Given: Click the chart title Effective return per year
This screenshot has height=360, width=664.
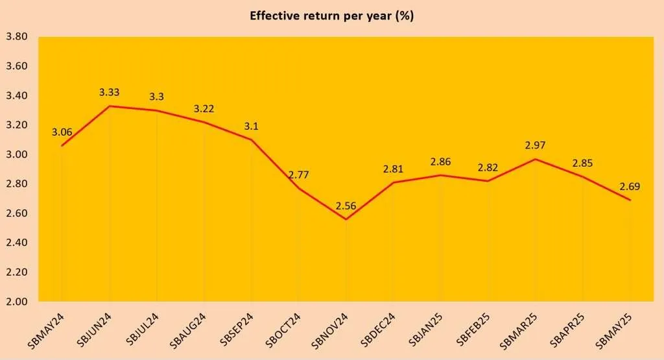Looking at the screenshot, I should tap(331, 16).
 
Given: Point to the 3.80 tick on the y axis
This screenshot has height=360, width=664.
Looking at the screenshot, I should tap(16, 37).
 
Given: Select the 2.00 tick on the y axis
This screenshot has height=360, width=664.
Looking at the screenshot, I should tap(16, 302).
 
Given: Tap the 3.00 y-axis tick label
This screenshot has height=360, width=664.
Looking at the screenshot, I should tap(16, 154).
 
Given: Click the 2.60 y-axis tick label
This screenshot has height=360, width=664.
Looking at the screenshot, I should tap(16, 213).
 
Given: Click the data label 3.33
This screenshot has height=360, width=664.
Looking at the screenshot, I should tap(110, 93).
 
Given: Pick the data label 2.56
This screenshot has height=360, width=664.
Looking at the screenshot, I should tap(346, 207).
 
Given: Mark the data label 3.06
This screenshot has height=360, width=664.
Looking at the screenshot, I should tap(62, 132).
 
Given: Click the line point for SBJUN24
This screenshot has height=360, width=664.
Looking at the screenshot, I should tap(110, 106).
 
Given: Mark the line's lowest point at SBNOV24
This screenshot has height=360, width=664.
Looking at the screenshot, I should tap(346, 219).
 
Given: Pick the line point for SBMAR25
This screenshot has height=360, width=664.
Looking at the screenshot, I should tap(536, 159).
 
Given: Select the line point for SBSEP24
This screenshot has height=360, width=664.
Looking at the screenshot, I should tap(252, 139).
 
